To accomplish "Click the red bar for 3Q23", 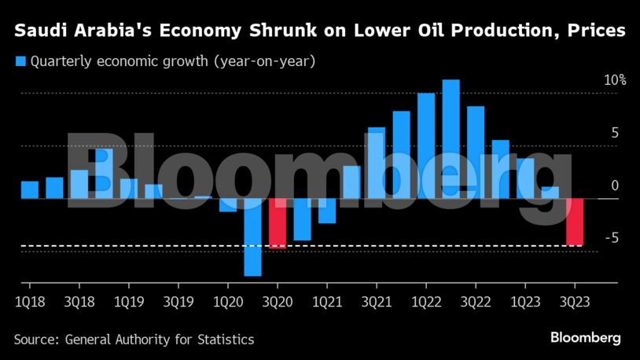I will pyautogui.click(x=575, y=222).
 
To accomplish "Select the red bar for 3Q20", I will pyautogui.click(x=278, y=223).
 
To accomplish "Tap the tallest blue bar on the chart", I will pyautogui.click(x=451, y=138).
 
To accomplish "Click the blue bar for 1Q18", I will pyautogui.click(x=30, y=189).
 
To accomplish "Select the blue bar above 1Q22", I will pyautogui.click(x=426, y=145).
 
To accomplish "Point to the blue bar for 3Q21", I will pyautogui.click(x=377, y=163).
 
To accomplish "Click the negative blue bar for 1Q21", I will pyautogui.click(x=327, y=211).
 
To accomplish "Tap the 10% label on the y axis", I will pyautogui.click(x=614, y=80).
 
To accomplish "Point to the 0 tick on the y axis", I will pyautogui.click(x=615, y=186).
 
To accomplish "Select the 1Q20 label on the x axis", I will pyautogui.click(x=227, y=301).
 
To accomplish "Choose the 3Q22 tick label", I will pyautogui.click(x=475, y=301).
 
